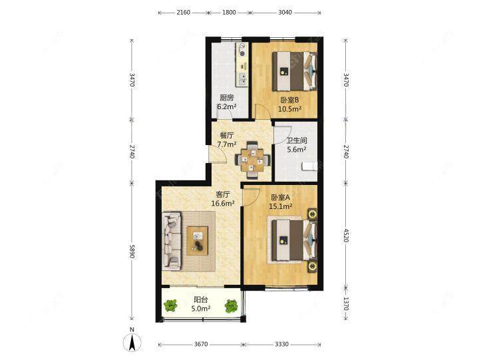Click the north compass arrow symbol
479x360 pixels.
pos(132,342)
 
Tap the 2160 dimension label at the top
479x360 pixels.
pos(184,13)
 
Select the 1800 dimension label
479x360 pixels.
pos(229,13)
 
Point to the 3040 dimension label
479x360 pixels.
pos(285,13)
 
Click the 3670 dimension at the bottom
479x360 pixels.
pos(201,345)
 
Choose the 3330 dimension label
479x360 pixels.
pos(281,345)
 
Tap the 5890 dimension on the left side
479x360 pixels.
pos(132,251)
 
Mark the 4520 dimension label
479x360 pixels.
pos(346,236)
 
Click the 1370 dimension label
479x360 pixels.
pos(346,303)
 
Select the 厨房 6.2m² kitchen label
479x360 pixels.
pos(227,102)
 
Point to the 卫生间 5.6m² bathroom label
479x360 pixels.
pos(297,145)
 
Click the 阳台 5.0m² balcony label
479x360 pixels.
pos(201,304)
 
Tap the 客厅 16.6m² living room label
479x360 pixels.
pos(223,199)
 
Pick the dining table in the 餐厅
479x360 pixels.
pos(252,160)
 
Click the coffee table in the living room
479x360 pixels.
pos(198,240)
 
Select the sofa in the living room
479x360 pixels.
pos(172,241)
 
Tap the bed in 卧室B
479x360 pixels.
pos(295,71)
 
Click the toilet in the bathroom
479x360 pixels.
pos(310,166)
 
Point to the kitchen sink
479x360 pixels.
pos(242,79)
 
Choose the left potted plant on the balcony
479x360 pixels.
pos(170,305)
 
